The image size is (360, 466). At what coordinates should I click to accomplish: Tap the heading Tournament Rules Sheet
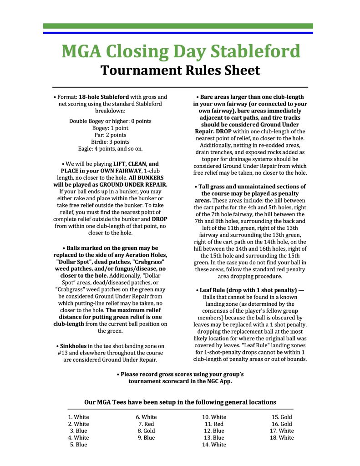[x=180, y=70]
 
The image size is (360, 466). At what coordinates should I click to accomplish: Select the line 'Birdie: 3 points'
[x=110, y=142]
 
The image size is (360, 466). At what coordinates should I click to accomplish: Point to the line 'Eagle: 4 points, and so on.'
[x=110, y=149]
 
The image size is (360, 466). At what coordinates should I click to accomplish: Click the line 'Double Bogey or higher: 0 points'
[x=110, y=121]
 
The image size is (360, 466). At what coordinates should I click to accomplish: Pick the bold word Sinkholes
[x=74, y=346]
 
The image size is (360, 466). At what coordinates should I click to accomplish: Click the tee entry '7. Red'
[x=146, y=424]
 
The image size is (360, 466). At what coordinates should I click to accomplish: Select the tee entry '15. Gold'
[x=282, y=417]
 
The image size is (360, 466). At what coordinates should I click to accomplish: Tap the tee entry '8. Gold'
[x=146, y=431]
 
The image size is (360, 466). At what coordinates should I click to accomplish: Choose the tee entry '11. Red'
[x=214, y=424]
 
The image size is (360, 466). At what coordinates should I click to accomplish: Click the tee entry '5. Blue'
[x=79, y=445]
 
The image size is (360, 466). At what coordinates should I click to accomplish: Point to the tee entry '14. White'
[x=214, y=445]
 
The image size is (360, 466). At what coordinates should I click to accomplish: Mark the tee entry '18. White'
[x=282, y=438]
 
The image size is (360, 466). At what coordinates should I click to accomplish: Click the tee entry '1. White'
[x=79, y=417]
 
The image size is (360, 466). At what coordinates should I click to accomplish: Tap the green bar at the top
[x=178, y=26]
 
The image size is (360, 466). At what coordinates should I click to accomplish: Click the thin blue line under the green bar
[x=178, y=33]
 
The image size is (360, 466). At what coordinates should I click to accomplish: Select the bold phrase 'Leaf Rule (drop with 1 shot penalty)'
[x=243, y=290]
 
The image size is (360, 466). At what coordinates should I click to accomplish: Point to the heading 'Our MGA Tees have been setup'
[x=180, y=402]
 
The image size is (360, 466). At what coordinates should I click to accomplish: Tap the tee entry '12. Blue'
[x=214, y=431]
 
